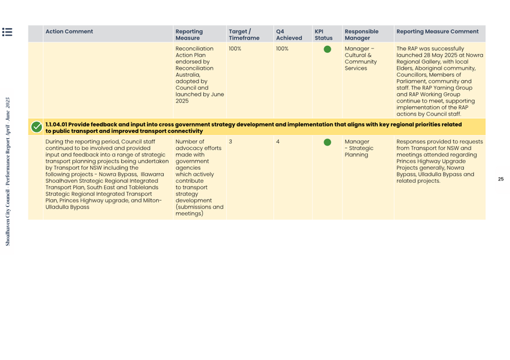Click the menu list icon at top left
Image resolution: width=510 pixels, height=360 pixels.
click(7, 32)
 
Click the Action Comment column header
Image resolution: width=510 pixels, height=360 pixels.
click(69, 32)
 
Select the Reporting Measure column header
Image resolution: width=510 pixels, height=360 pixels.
click(189, 35)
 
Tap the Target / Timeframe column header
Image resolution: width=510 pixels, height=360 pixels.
click(244, 35)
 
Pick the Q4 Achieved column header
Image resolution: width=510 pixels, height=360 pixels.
click(289, 35)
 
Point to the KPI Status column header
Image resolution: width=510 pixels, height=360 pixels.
click(324, 35)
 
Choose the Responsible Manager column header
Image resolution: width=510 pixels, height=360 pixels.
click(361, 35)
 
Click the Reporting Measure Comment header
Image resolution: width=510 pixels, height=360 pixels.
click(437, 32)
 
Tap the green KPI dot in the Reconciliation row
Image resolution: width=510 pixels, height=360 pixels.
click(327, 49)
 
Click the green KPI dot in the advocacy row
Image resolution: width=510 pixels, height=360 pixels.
click(327, 142)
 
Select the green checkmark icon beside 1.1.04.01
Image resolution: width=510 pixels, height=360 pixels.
click(37, 127)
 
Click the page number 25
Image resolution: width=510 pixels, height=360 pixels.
click(500, 179)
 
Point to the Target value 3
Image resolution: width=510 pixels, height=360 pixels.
click(231, 142)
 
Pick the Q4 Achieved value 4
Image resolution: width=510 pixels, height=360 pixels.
click(278, 142)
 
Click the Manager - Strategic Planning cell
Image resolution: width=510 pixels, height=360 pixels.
click(359, 148)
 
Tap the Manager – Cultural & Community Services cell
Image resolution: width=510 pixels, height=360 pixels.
click(360, 58)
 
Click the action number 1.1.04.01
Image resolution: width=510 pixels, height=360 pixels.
click(57, 124)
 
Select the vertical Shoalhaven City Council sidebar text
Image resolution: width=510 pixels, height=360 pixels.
click(7, 171)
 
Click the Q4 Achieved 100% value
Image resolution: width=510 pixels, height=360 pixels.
click(282, 49)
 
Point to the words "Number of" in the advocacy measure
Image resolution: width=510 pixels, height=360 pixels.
click(189, 142)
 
